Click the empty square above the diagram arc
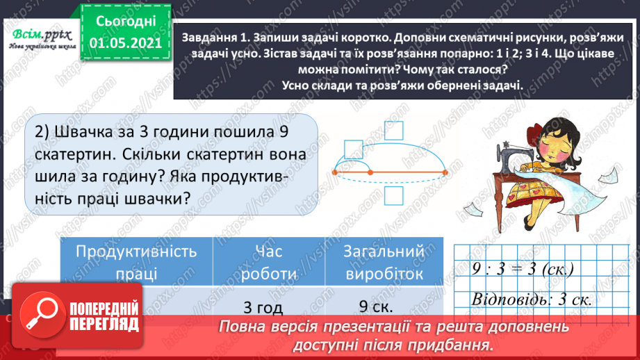(x=354, y=149)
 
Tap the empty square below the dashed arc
(x=393, y=196)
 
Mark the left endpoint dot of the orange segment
(x=334, y=171)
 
